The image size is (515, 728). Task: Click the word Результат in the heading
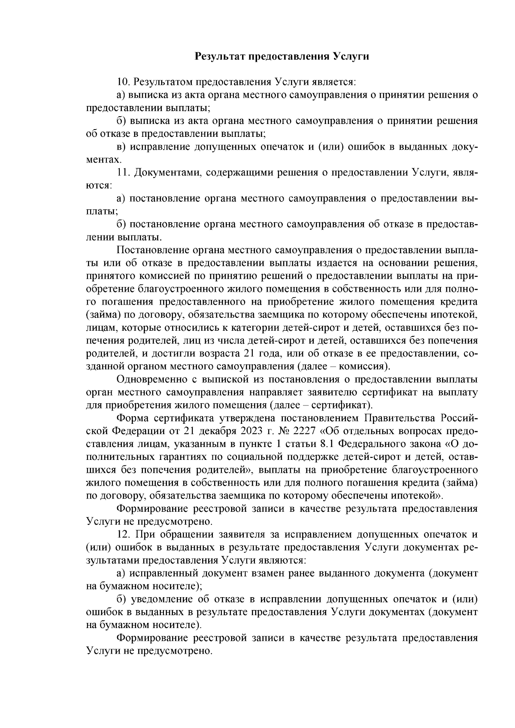pyautogui.click(x=218, y=56)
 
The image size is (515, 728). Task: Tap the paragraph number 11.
pyautogui.click(x=124, y=172)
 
